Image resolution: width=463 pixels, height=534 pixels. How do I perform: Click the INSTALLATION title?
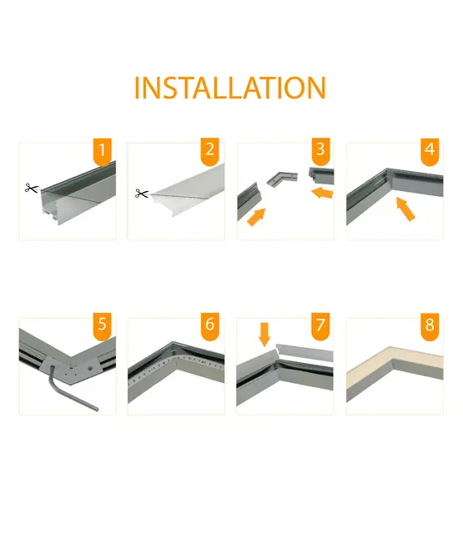tap(230, 88)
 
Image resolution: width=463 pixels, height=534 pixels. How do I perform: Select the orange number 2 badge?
tap(209, 152)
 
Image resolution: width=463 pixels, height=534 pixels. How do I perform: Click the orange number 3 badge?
tap(320, 152)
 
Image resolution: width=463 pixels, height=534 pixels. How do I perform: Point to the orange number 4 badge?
tap(430, 152)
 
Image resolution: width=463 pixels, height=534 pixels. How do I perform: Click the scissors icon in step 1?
tap(32, 189)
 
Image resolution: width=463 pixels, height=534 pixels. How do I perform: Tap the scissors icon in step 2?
tap(140, 194)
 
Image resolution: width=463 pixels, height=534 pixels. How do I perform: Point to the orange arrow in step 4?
tap(405, 209)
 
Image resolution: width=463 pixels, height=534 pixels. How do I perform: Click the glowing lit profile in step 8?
tap(392, 364)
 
